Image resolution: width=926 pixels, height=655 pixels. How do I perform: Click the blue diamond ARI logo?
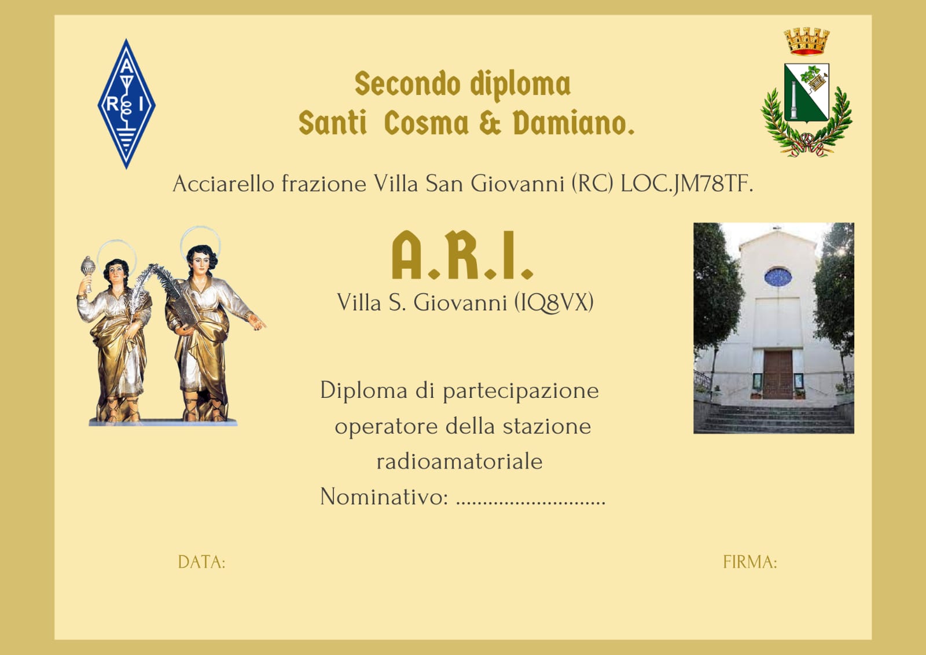pos(127,104)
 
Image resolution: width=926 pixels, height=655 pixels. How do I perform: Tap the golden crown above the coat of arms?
pos(807,41)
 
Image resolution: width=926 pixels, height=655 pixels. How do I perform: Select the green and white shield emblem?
pos(807,92)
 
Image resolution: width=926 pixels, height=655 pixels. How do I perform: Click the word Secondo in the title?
pos(407,84)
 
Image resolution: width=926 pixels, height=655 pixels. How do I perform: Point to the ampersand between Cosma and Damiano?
pos(490,123)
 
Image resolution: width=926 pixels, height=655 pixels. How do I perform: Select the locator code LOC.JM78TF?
pos(686,184)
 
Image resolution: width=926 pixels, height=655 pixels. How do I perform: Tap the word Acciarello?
pos(223,184)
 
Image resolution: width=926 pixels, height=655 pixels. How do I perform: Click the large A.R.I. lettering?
pos(462,255)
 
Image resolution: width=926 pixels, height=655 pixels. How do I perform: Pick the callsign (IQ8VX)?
pos(554,302)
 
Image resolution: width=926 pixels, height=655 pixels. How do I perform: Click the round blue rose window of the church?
pos(778,277)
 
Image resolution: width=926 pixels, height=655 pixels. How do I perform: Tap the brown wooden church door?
pos(778,375)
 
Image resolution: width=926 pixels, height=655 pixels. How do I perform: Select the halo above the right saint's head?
pos(200,240)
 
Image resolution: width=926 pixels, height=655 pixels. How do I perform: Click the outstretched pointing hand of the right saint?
pos(257,322)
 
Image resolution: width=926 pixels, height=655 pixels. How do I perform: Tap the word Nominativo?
pos(383,496)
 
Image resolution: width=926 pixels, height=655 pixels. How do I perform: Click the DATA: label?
pos(202,562)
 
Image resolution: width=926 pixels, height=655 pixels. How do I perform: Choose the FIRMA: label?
pos(750,562)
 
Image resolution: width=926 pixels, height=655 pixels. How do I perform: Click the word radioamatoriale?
pos(460,462)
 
